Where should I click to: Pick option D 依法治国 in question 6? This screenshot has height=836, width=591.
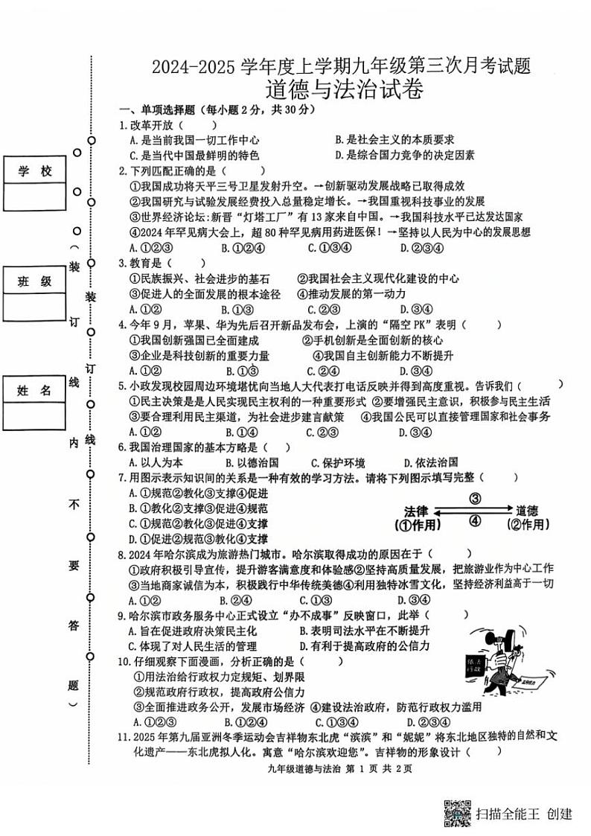point(430,462)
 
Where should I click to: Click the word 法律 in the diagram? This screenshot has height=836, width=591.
point(416,511)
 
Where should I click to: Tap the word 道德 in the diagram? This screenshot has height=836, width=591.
point(527,511)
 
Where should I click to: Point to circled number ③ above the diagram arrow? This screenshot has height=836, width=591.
point(473,499)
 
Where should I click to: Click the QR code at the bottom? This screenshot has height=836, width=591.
point(458,813)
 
